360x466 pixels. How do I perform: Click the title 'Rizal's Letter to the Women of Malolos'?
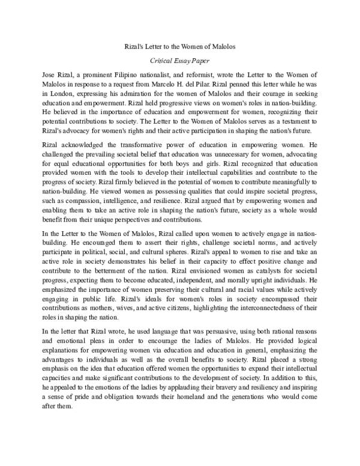point(180,46)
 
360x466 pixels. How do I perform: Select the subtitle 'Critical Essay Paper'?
point(180,61)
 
